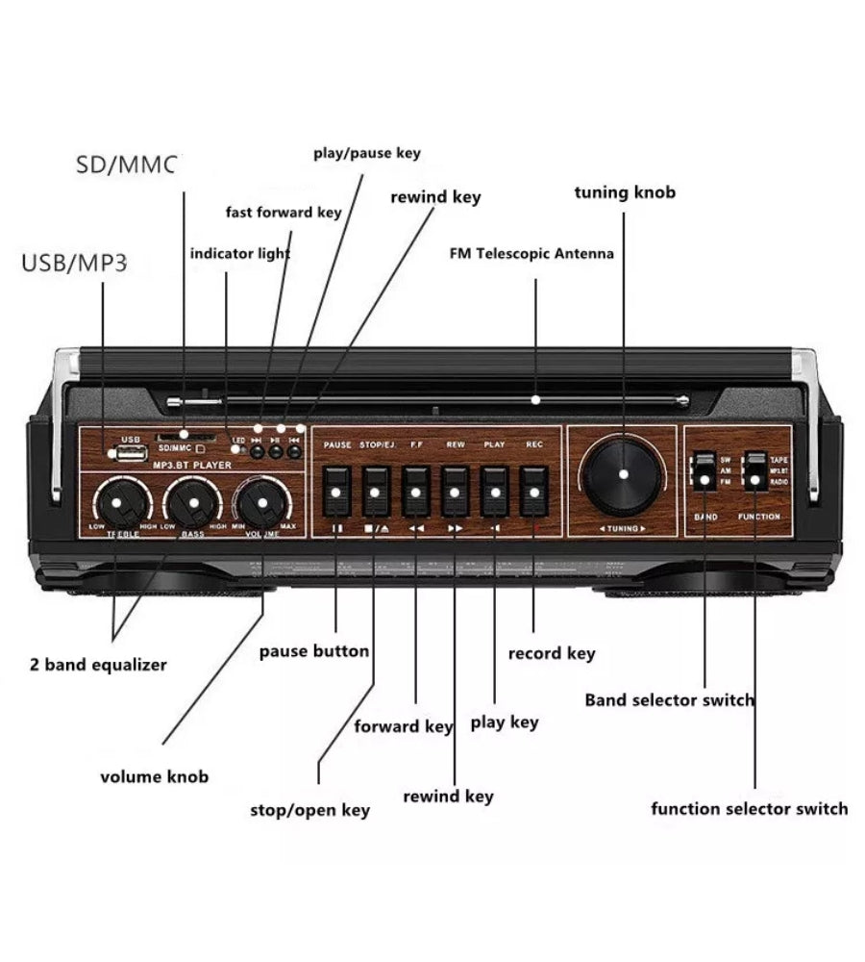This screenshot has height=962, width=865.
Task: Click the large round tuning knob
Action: point(623,474)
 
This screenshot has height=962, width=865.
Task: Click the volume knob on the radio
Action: point(260,502)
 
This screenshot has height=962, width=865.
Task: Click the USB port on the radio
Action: point(128,452)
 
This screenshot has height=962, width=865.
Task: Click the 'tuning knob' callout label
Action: point(625,192)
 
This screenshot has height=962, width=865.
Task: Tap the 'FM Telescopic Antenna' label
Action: point(531,254)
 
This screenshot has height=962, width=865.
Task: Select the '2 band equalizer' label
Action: point(97,665)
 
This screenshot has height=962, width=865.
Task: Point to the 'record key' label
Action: point(551,653)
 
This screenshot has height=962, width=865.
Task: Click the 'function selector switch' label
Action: point(749,808)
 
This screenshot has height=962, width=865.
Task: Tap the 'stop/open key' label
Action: point(309,810)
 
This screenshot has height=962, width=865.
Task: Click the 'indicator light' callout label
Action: point(239,254)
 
